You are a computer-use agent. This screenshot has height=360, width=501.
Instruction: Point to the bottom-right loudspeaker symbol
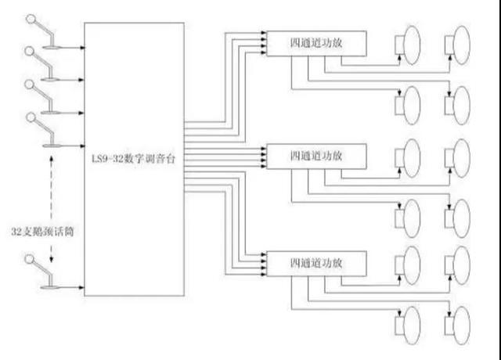(x=457, y=323)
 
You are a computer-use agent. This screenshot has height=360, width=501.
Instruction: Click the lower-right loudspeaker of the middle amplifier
(x=457, y=213)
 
